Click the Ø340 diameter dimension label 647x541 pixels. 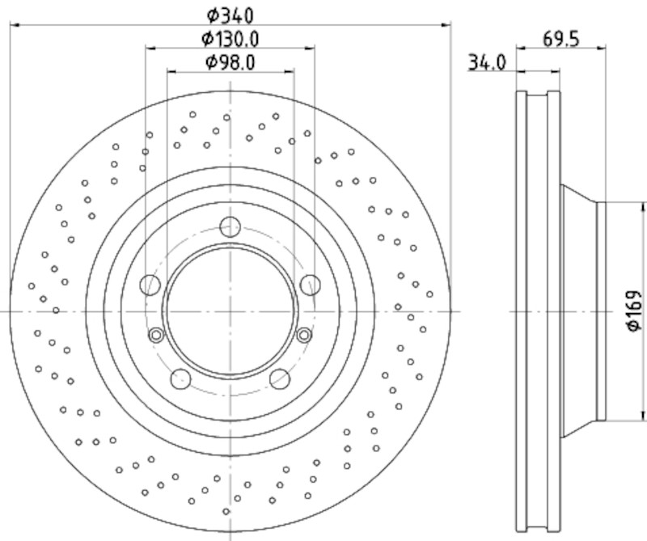pyautogui.click(x=230, y=16)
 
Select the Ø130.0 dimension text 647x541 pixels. pyautogui.click(x=230, y=39)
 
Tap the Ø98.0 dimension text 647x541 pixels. pyautogui.click(x=230, y=62)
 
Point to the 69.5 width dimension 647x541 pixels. pyautogui.click(x=560, y=39)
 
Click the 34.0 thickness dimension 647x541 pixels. pyautogui.click(x=487, y=63)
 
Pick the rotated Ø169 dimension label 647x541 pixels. pyautogui.click(x=634, y=311)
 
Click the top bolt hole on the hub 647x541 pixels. pyautogui.click(x=230, y=226)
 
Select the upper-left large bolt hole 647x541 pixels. pyautogui.click(x=150, y=285)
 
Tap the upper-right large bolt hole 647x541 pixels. pyautogui.click(x=311, y=285)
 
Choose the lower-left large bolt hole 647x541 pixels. pyautogui.click(x=180, y=378)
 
